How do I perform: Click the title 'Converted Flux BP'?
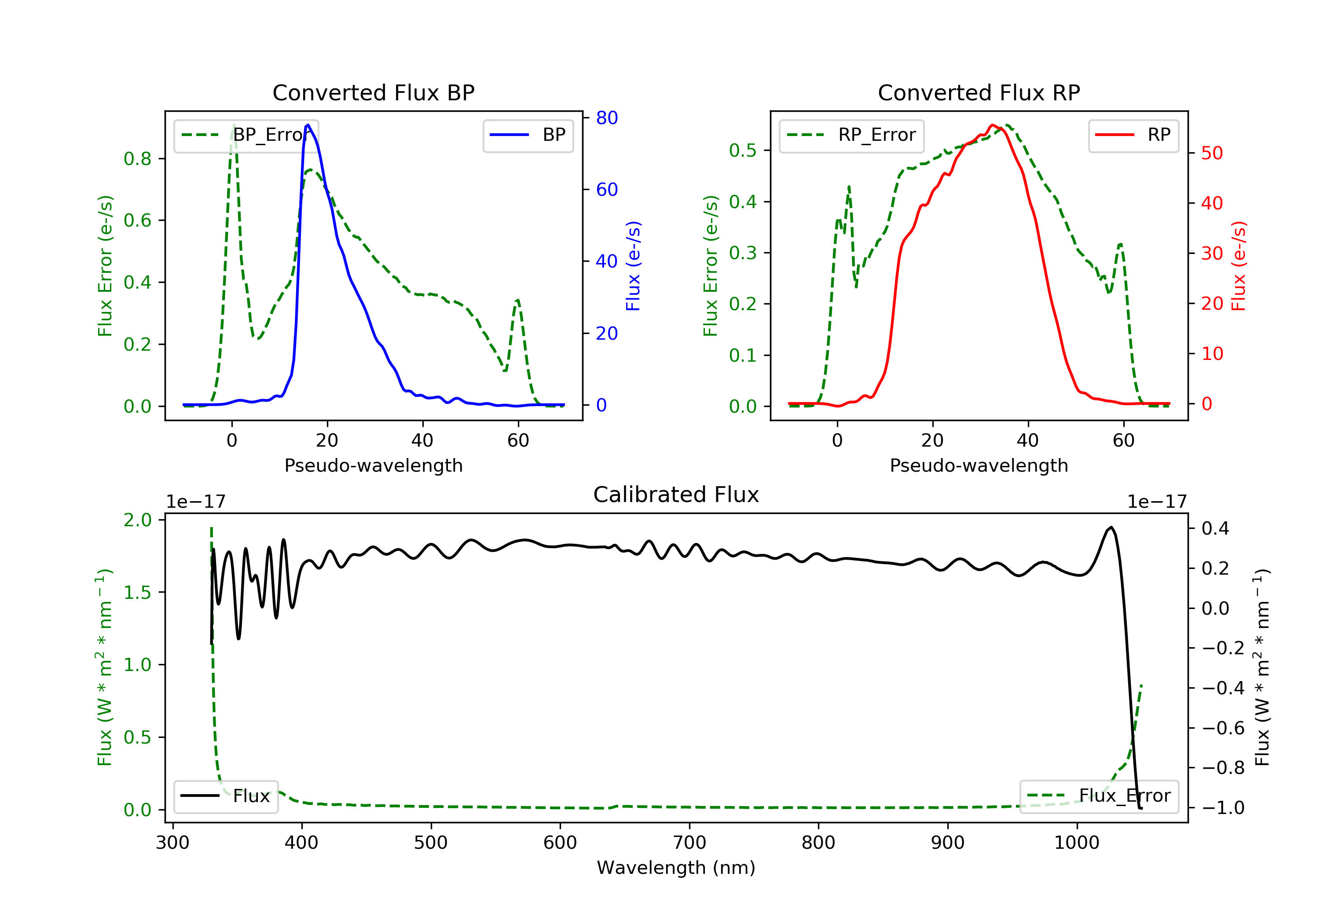coord(373,92)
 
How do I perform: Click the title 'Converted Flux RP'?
coord(979,92)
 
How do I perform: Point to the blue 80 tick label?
coord(606,118)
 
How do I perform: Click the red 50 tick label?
coord(1211,153)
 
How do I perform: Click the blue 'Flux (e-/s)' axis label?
coord(633,266)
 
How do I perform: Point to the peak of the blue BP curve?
coord(308,125)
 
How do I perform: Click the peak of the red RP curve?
coord(992,125)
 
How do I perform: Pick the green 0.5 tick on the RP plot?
coord(742,150)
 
